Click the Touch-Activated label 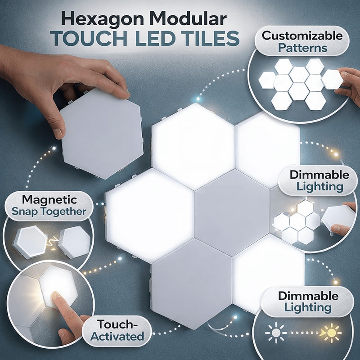coord(120,329)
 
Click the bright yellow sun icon coord(332,333)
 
